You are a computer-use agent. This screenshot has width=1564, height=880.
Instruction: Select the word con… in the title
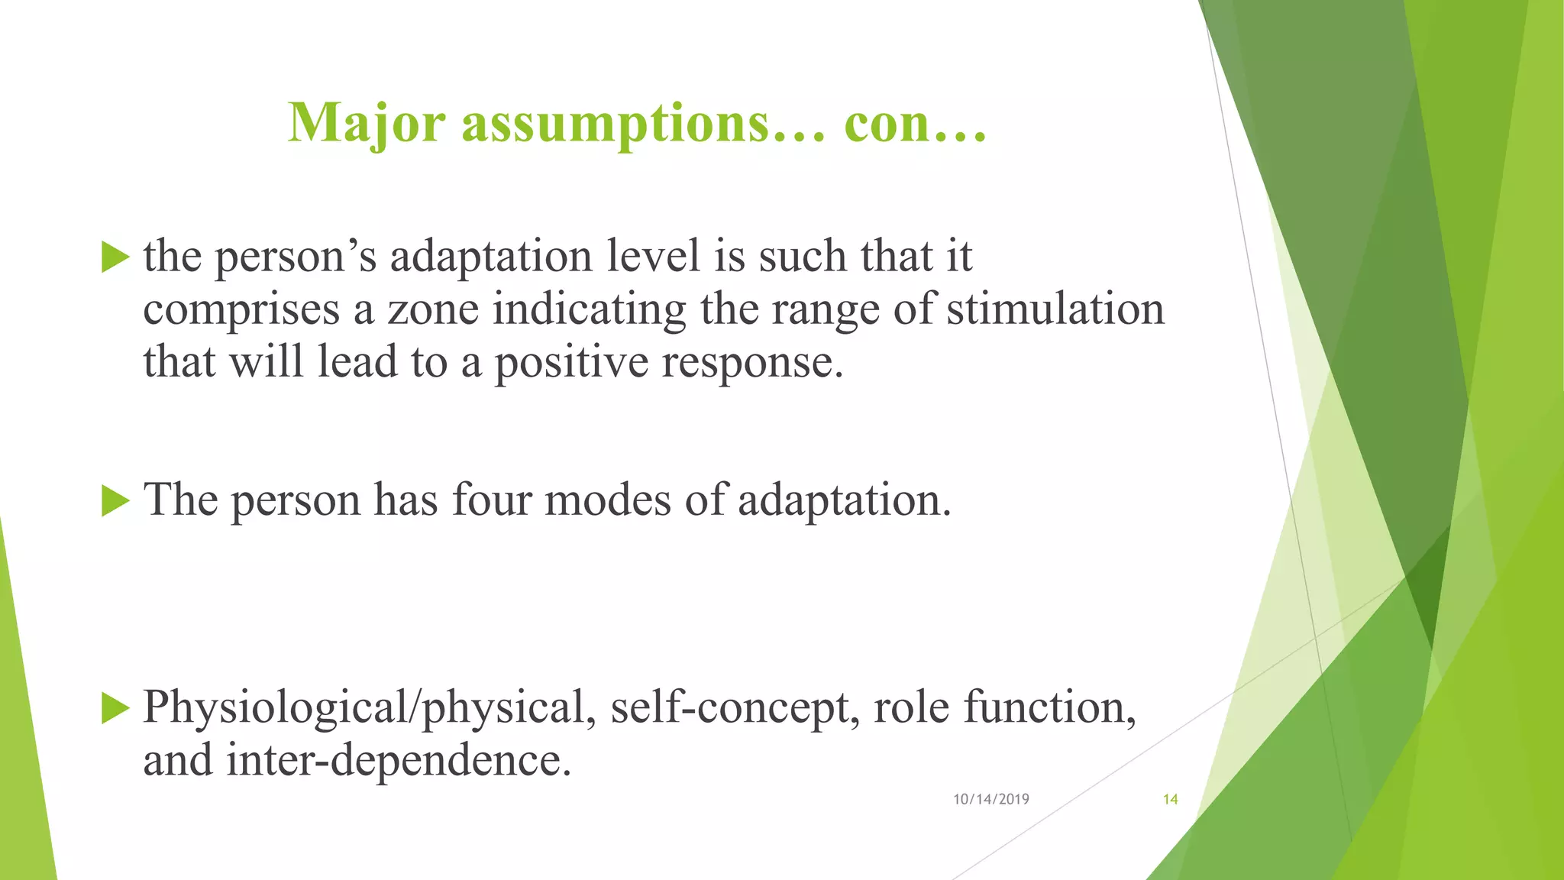pos(915,123)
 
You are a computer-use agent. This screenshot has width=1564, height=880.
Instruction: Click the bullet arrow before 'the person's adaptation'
pos(115,257)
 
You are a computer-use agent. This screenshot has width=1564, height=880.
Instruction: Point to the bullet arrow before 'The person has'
pos(115,501)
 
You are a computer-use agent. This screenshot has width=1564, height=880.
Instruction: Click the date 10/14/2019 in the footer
pos(990,799)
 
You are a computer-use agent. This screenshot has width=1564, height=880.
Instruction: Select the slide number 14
pos(1170,799)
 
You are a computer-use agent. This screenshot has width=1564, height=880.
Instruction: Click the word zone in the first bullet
pos(433,309)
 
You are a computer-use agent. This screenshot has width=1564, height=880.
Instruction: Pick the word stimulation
pos(1055,309)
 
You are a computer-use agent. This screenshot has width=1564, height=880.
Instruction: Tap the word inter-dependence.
pos(399,760)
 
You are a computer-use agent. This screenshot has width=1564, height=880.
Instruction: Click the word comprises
pos(241,309)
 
